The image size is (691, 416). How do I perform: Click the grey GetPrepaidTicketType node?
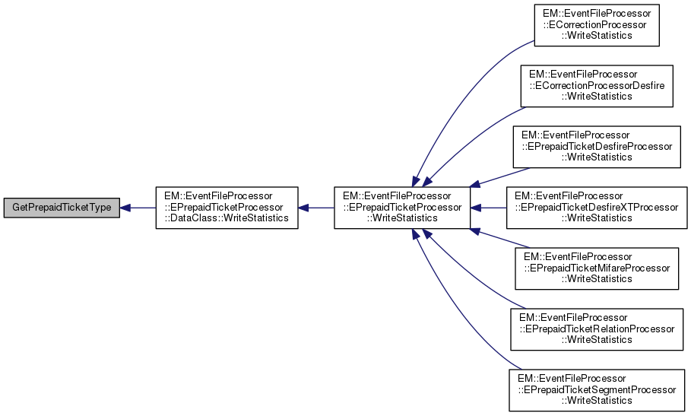[60, 208]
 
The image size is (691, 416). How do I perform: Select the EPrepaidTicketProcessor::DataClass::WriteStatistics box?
[226, 208]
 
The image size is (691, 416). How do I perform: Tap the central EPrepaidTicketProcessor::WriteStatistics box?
[401, 208]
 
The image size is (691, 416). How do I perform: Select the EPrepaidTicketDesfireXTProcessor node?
[597, 208]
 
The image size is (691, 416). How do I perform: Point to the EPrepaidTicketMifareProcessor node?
[597, 268]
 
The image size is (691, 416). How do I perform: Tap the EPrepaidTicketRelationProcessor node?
[597, 329]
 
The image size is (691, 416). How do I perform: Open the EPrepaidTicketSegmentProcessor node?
[597, 389]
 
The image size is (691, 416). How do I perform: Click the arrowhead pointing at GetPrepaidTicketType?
[127, 208]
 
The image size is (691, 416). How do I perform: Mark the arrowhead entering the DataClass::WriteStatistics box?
[304, 208]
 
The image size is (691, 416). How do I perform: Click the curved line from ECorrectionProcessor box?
[456, 91]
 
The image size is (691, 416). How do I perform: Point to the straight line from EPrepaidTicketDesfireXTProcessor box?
[490, 208]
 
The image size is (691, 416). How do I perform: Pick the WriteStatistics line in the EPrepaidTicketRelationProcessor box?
[597, 339]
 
